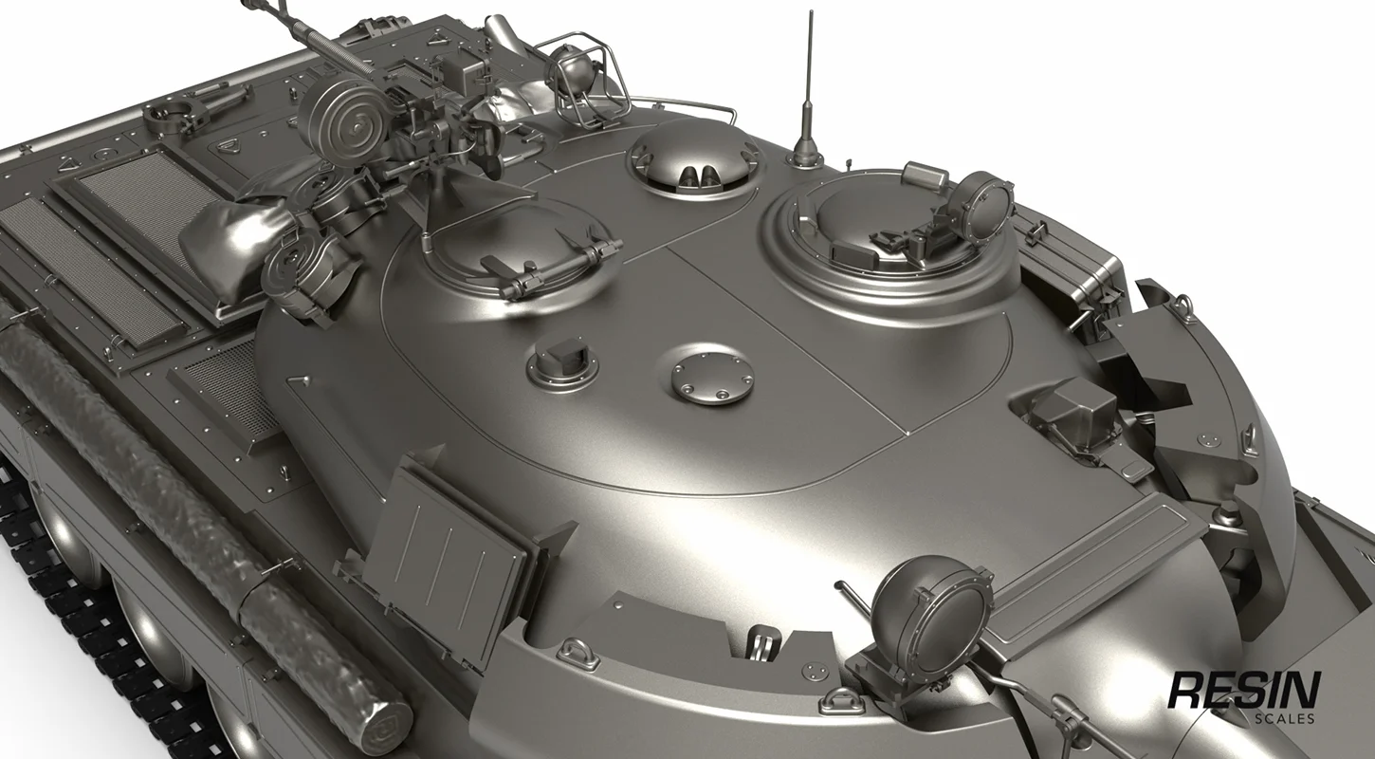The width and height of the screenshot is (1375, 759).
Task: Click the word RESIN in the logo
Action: tap(1244, 691)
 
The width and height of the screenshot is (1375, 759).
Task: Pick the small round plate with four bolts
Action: tap(712, 374)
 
